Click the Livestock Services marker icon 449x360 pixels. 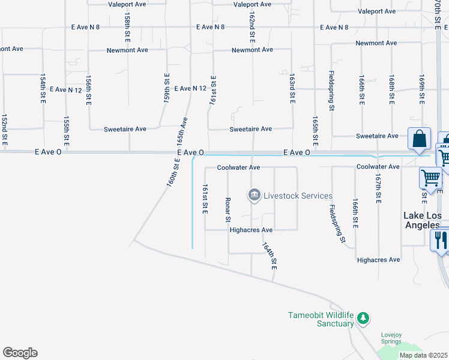pos(254,196)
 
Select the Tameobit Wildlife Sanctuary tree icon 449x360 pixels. pos(363,317)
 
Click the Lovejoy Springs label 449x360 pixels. pos(391,338)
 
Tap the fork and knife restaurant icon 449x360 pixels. pos(441,241)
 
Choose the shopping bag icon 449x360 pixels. pos(419,139)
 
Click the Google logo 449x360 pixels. pos(20,353)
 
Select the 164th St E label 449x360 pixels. pos(270,255)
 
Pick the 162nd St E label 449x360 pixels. pos(252,28)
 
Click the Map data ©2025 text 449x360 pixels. pos(423,355)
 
